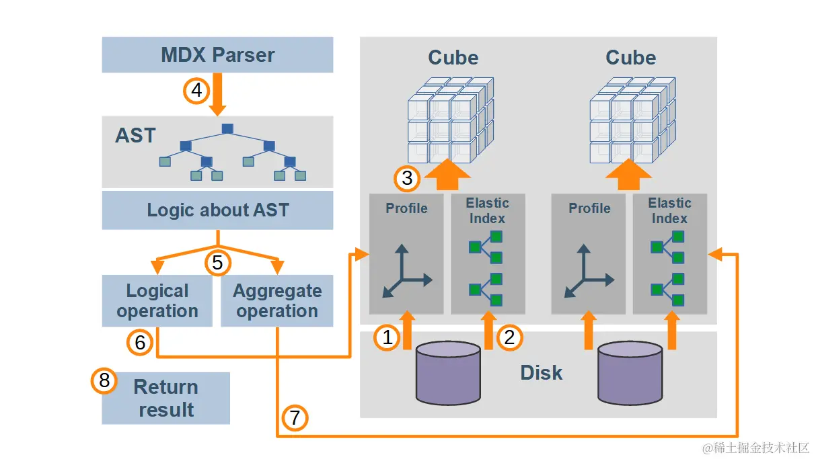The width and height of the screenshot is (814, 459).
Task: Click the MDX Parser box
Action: click(217, 54)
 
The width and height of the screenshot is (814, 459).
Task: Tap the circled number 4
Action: click(196, 89)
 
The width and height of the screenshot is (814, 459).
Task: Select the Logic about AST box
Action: click(217, 210)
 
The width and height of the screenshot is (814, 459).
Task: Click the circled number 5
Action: click(217, 262)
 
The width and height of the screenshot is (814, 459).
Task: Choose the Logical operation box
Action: click(157, 301)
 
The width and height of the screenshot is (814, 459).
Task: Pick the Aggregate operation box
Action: click(277, 301)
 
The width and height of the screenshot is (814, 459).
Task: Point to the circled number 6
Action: click(140, 343)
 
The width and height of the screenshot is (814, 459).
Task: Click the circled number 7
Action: click(294, 418)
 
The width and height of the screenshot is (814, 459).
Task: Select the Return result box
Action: click(165, 398)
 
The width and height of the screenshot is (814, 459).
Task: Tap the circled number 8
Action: click(104, 381)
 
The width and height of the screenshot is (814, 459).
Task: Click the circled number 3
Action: click(407, 178)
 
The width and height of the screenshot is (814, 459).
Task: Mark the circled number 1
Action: click(387, 337)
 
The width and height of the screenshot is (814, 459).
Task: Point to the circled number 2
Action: click(509, 337)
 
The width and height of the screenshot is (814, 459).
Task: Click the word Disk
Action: click(541, 373)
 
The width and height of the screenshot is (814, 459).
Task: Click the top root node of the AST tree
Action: click(227, 128)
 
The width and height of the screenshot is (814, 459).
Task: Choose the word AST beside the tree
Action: click(135, 136)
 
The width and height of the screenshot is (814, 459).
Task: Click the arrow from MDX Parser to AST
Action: click(217, 94)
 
